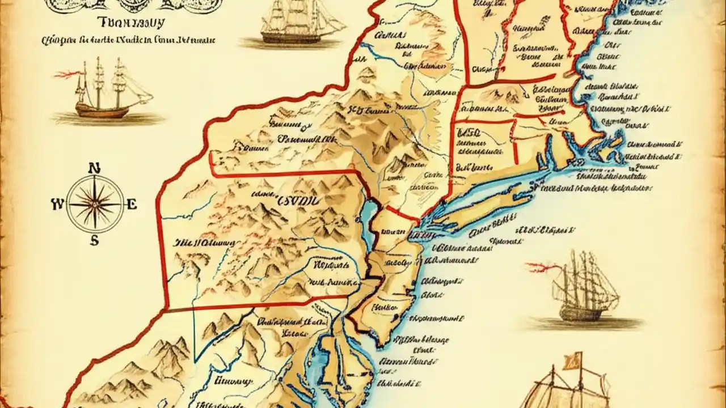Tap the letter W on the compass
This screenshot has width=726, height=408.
click(x=57, y=205)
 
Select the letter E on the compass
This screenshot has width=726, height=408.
click(x=132, y=205)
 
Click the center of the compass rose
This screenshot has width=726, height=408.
click(x=94, y=204)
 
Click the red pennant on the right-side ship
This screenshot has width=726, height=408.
click(x=539, y=266)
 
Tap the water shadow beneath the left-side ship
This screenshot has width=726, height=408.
click(x=108, y=119)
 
